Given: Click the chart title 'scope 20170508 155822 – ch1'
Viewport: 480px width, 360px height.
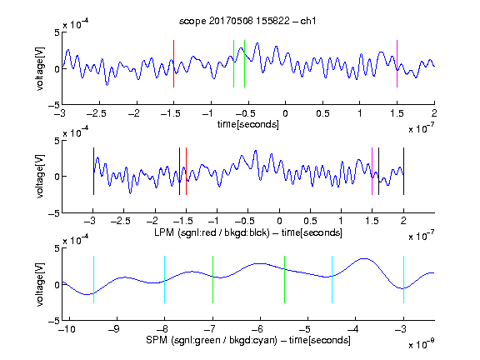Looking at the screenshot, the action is click(247, 21).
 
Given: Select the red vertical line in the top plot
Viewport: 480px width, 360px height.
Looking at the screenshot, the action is click(173, 63).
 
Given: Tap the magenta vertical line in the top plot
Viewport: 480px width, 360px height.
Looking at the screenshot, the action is click(397, 63).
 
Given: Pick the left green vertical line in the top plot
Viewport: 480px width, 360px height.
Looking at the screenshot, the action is click(233, 63).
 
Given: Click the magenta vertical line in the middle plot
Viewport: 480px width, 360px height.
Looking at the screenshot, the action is click(372, 171).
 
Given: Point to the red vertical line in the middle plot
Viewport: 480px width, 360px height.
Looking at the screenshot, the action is click(186, 171).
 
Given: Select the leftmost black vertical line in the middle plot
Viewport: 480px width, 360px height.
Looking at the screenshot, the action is click(93, 171).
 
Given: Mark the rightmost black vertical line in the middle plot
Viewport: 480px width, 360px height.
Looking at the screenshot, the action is click(403, 171).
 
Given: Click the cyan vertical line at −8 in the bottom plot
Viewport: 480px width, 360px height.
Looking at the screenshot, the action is click(165, 279).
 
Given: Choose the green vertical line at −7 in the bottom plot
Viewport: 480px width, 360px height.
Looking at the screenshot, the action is click(212, 279).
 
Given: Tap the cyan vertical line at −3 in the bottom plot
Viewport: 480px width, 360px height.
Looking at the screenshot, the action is click(403, 279).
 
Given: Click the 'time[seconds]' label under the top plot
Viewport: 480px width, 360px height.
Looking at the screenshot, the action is click(248, 124).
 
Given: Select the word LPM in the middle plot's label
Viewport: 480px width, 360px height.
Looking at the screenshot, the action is click(164, 232).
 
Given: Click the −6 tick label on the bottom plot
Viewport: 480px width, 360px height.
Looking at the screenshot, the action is click(257, 329).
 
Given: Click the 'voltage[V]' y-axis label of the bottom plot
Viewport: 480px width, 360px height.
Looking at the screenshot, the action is click(40, 284).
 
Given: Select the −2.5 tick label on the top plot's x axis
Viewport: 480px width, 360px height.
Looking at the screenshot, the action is click(96, 113).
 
